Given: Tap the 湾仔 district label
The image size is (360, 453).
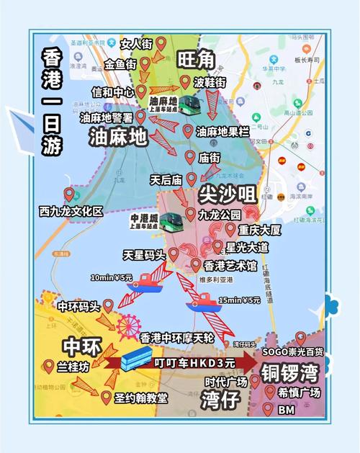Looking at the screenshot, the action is click(x=220, y=400).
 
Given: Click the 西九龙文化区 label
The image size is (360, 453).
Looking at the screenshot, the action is click(x=71, y=211).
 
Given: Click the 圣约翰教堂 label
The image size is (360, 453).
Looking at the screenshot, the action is click(x=141, y=398).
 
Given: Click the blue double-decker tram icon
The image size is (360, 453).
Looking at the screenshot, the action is click(x=136, y=357).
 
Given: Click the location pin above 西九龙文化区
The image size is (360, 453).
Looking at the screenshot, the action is click(x=69, y=194).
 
